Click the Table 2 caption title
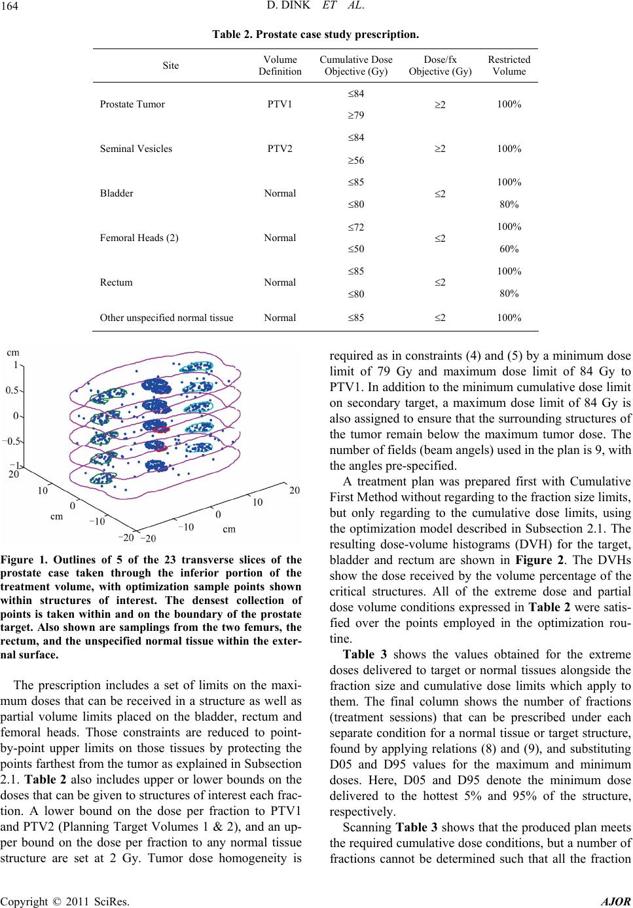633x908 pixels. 316,31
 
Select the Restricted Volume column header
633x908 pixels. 509,66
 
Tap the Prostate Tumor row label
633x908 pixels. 132,104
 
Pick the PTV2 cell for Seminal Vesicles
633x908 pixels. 280,149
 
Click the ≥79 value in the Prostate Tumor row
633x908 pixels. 355,115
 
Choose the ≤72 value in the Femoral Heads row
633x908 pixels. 355,227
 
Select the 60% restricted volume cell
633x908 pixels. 509,249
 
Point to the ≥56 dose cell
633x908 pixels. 355,160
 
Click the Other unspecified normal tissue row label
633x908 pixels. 166,318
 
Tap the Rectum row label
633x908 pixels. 116,282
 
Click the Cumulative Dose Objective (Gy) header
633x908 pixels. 355,66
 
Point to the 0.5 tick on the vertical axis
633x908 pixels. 11,390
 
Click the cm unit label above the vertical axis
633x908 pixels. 13,352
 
